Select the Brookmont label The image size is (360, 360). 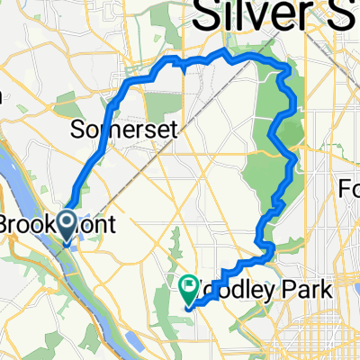point(56,224)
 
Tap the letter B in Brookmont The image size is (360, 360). point(8,224)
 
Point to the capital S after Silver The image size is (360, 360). point(346,16)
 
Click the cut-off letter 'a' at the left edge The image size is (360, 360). point(3,99)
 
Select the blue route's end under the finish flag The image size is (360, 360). point(187,306)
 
